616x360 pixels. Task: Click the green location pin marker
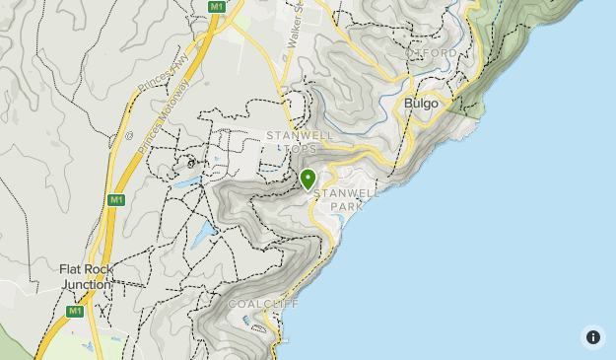click(x=308, y=179)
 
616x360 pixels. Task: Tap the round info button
click(x=592, y=337)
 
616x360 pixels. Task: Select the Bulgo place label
click(x=421, y=102)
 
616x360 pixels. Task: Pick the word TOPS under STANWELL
click(x=302, y=149)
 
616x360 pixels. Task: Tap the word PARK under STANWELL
click(x=347, y=207)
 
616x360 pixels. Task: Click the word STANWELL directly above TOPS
click(x=301, y=135)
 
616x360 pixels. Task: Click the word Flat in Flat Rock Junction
click(x=72, y=269)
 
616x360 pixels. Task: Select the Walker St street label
click(x=294, y=30)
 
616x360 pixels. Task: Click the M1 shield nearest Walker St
click(x=217, y=6)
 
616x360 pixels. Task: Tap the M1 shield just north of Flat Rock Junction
click(x=116, y=199)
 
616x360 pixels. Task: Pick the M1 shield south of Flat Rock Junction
click(x=74, y=311)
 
